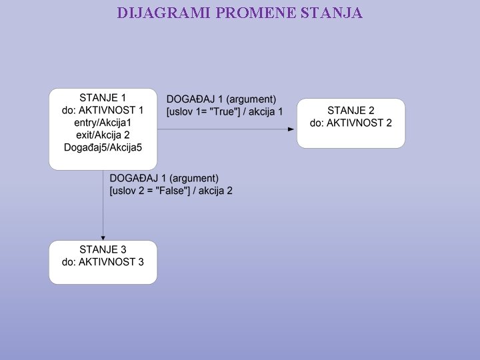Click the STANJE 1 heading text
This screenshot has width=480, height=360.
coord(103,98)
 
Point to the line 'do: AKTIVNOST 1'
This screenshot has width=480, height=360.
coord(103,110)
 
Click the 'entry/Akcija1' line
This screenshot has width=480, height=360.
coord(103,123)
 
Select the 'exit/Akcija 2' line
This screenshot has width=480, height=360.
coord(103,135)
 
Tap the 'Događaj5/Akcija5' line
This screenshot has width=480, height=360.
coord(103,147)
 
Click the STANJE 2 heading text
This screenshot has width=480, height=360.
coord(351,110)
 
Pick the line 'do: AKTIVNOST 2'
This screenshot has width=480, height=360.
coord(351,123)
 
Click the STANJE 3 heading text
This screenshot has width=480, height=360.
coord(103,249)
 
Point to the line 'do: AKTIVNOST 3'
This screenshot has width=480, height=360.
coord(103,262)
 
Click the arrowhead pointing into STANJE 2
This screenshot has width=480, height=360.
coord(291,129)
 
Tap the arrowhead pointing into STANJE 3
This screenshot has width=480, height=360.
coord(103,237)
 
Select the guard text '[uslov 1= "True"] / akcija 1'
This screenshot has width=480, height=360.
coord(225,111)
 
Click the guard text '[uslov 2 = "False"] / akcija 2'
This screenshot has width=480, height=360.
coord(171,191)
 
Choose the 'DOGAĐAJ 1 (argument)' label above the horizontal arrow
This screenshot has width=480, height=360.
coord(221,99)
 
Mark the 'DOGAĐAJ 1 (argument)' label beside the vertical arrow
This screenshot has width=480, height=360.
coord(164,179)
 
